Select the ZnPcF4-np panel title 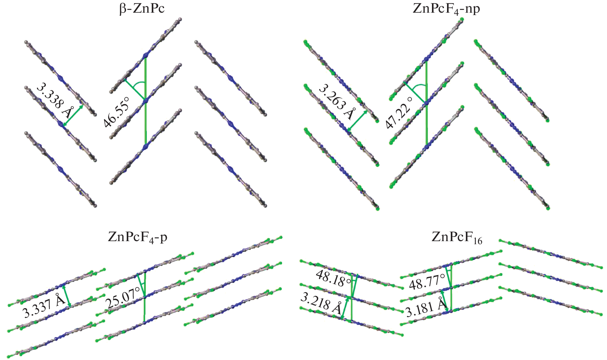[x=446, y=8]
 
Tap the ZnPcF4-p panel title [x=137, y=237]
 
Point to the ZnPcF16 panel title [x=457, y=237]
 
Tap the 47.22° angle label [x=399, y=113]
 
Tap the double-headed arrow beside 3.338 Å [x=73, y=115]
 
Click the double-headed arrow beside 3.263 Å [x=358, y=121]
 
